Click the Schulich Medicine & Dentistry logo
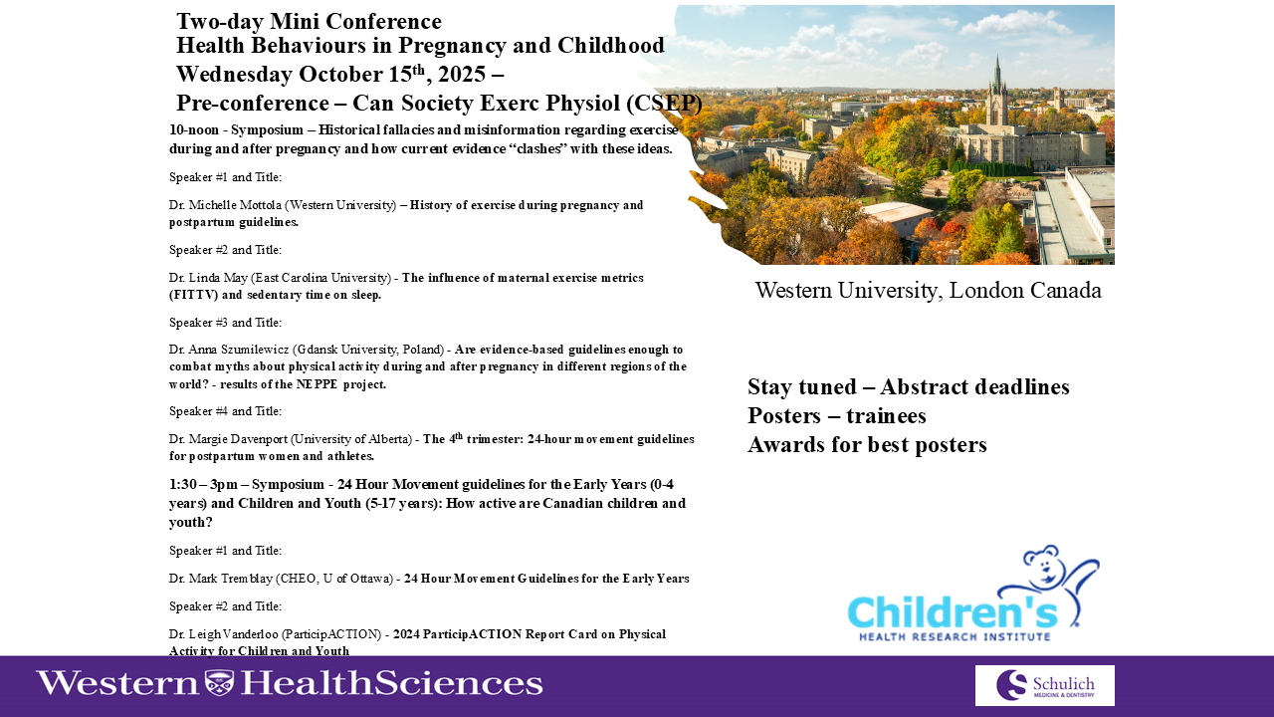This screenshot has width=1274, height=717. coord(1045,685)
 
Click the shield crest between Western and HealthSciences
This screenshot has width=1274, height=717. coord(219,682)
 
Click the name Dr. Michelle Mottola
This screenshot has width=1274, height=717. coord(225,205)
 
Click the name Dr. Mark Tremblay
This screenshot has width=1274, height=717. coord(221,579)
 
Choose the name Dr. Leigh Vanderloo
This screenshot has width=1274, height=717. coord(224,634)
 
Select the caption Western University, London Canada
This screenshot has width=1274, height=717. coord(929,291)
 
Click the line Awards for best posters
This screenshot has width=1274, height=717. coord(867,445)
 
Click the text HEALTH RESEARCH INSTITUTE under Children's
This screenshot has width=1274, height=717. coord(955,636)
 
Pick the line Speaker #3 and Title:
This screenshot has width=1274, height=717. coord(225,323)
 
